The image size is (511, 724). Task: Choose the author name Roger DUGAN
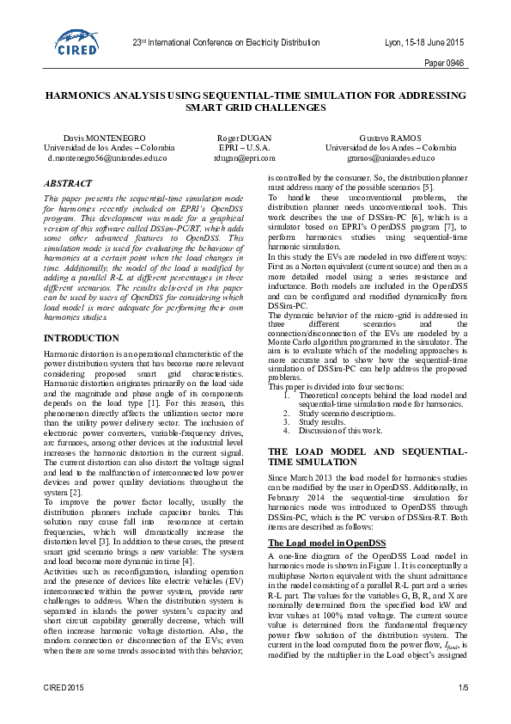pos(245,138)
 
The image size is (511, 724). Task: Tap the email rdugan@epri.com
pos(245,158)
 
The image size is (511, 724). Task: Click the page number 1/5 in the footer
pos(464,711)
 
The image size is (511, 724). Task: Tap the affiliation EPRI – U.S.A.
pos(245,148)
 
